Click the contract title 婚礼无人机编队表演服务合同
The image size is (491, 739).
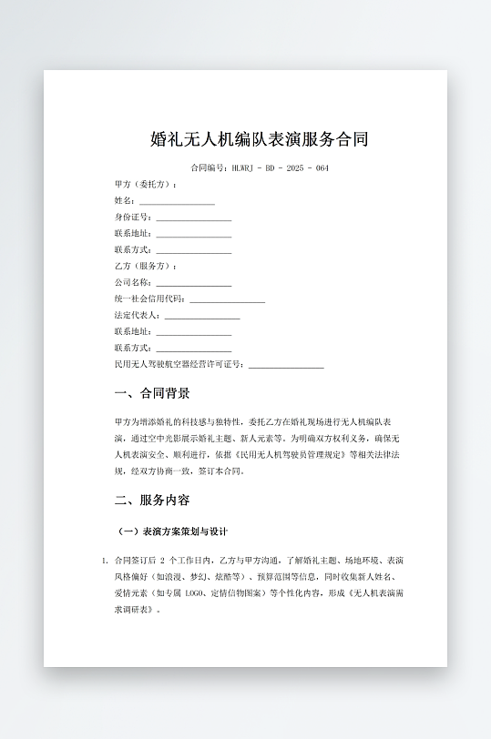coord(259,139)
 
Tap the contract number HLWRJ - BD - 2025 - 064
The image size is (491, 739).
coord(281,168)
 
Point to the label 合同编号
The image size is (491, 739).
coord(210,168)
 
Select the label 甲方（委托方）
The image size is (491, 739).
coord(146,185)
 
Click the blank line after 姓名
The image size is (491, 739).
coord(177,202)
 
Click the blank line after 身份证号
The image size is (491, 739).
coord(193,218)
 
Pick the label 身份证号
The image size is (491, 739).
coord(133,218)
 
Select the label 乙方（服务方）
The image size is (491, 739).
coord(146,267)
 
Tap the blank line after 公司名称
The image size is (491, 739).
coord(193,284)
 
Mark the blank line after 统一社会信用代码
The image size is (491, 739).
coord(227,300)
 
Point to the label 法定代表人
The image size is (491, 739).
coord(137,316)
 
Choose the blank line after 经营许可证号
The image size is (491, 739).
coord(286,366)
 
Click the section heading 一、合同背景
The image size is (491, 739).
coord(152,394)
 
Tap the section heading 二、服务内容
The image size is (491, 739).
coord(152,501)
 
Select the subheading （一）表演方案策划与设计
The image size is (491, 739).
coord(172,531)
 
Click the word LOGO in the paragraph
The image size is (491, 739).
coord(195,592)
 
